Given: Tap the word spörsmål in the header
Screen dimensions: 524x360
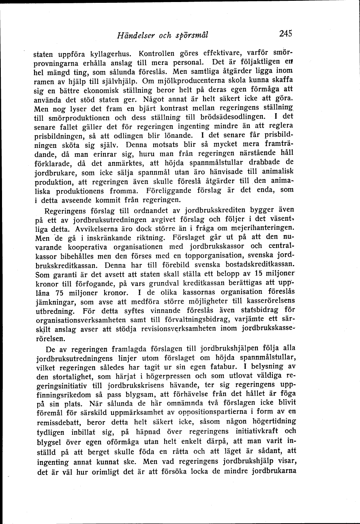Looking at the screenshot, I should click(192, 35).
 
